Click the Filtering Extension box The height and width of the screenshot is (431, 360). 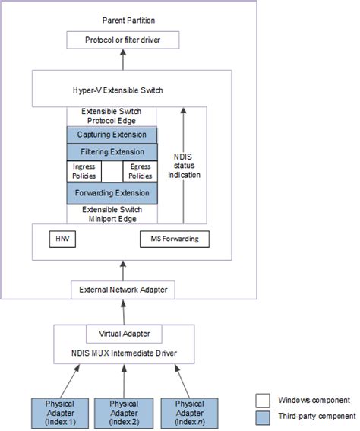(x=112, y=152)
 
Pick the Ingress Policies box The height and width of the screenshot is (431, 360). (x=84, y=171)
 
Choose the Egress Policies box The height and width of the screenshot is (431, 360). (x=141, y=171)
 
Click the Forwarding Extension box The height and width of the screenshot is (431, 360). (x=112, y=193)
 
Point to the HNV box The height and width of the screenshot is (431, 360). (x=62, y=239)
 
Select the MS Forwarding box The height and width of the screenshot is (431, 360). (x=175, y=239)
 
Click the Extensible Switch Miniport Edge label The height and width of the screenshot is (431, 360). (x=112, y=214)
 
